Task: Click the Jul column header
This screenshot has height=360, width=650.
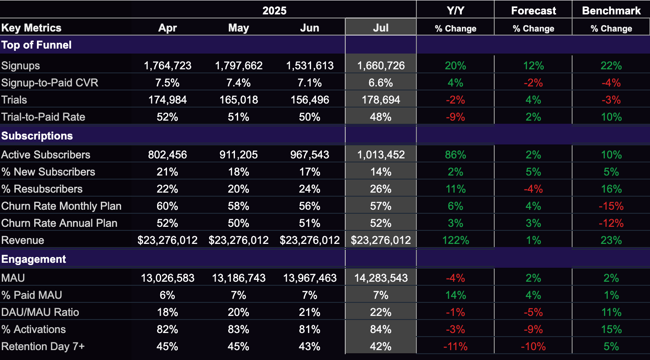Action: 380,28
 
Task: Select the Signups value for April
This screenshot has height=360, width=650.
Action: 167,66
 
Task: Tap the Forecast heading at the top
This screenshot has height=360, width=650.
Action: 533,11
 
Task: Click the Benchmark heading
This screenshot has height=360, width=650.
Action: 611,11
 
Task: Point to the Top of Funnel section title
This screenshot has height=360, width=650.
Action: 36,45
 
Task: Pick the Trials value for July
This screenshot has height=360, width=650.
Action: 381,100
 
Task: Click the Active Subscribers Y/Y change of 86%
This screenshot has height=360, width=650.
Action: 455,155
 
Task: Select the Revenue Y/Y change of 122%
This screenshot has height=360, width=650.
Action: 455,240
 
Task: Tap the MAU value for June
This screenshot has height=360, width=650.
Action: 310,278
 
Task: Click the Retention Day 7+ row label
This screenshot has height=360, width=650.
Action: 43,346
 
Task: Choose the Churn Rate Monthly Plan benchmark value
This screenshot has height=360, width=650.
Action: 611,206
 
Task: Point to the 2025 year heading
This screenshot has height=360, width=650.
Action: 274,11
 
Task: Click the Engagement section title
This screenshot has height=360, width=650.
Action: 33,259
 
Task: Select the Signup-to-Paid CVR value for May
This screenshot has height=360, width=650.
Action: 238,83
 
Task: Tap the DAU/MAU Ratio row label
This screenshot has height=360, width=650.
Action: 40,312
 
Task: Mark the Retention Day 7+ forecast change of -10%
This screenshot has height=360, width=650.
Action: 533,346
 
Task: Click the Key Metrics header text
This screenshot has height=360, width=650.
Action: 32,28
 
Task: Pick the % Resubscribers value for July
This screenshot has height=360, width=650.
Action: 380,189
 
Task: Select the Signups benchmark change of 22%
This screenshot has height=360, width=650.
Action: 611,66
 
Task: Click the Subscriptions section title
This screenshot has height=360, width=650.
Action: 37,136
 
